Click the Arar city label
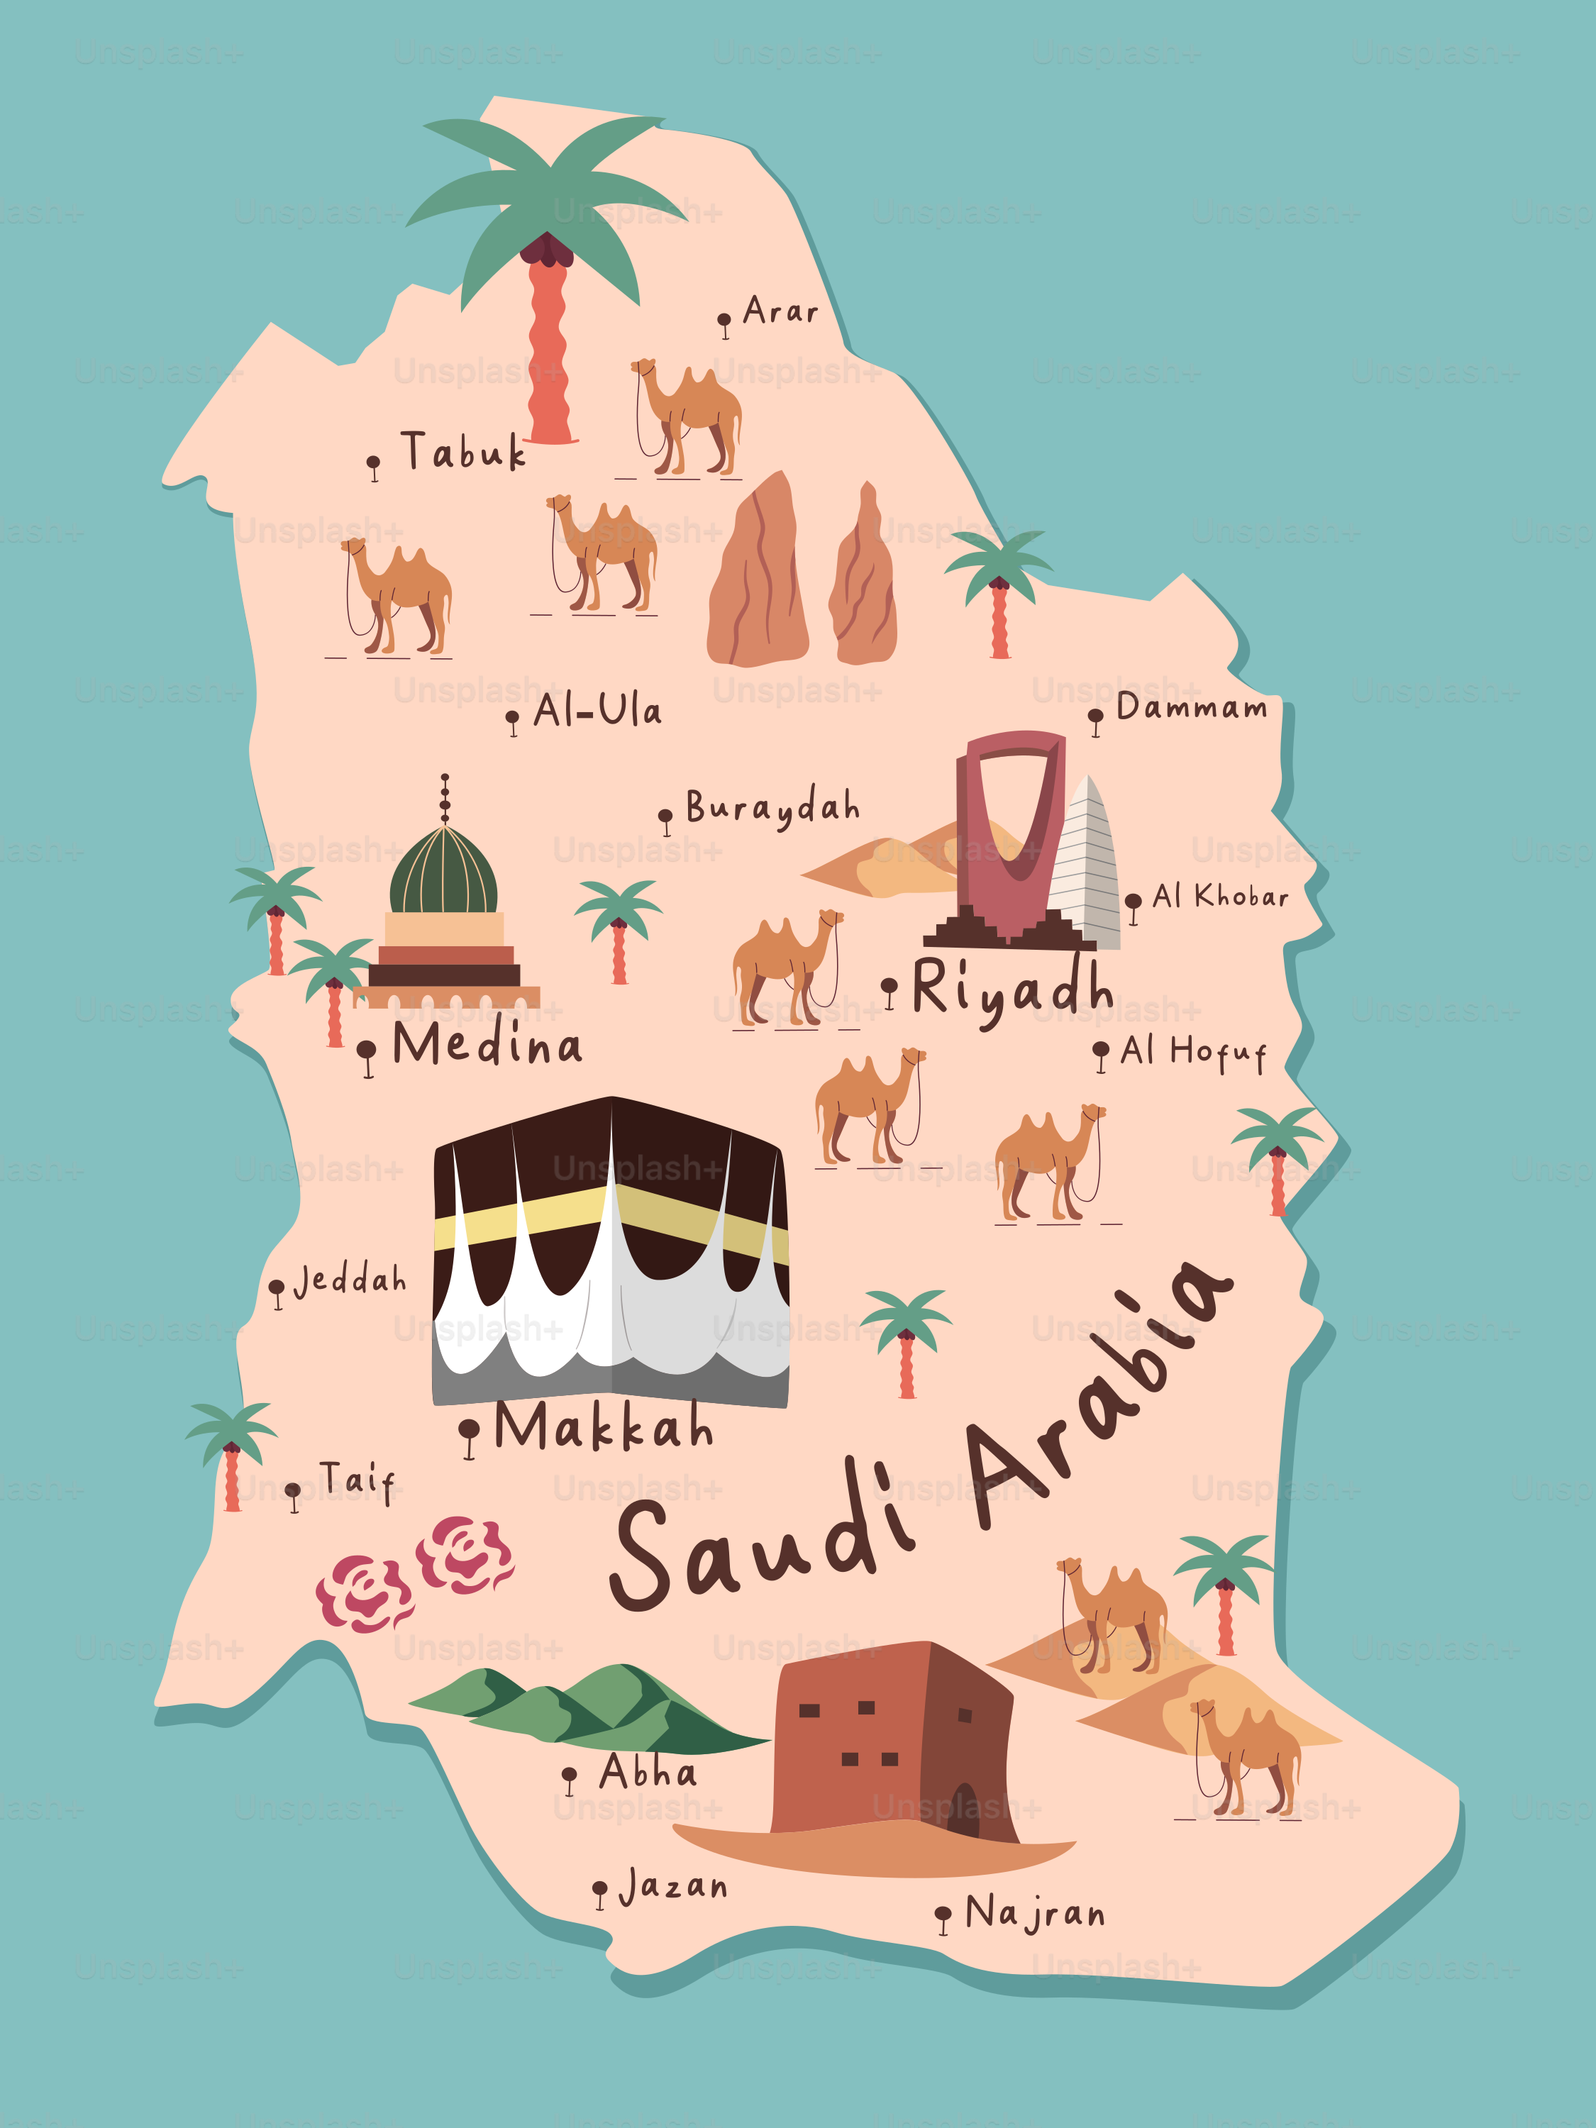780,311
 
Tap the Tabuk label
464,452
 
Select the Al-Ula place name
597,712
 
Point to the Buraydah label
772,808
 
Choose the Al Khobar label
1220,897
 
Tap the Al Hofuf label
1193,1053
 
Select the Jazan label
672,1888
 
